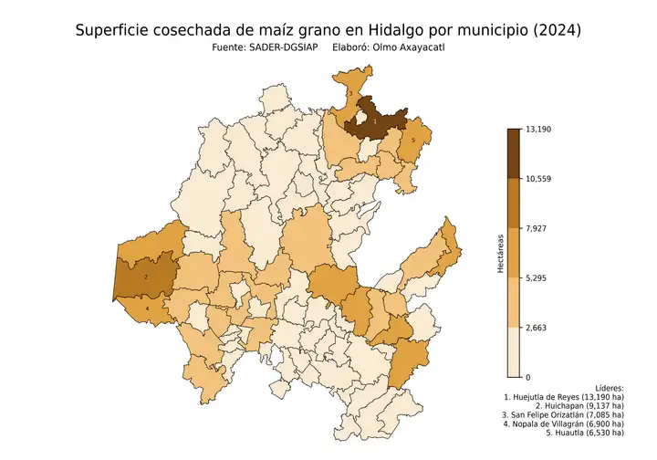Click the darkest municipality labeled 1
pos(376,120)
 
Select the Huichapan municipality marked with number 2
pos(146,277)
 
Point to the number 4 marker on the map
pos(147,308)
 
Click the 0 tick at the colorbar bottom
pos(527,376)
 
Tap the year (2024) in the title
pos(553,30)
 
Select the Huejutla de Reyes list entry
pos(564,398)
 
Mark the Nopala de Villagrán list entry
pos(564,424)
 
